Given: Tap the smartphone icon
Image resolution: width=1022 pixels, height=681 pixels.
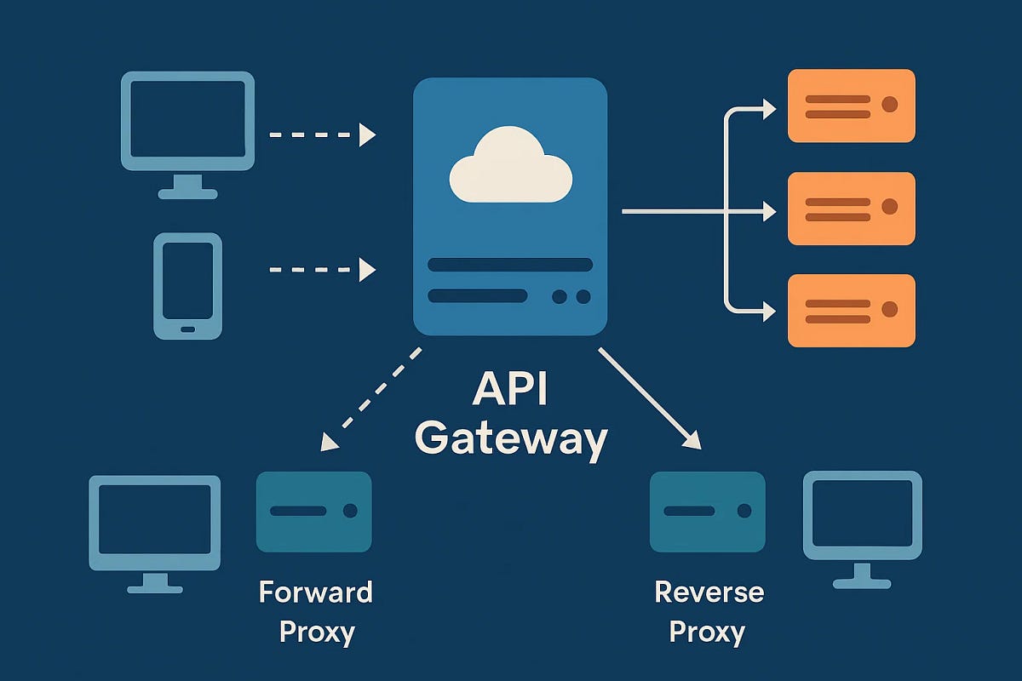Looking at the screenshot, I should pyautogui.click(x=188, y=286).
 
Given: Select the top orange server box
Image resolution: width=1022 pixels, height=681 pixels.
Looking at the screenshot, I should pyautogui.click(x=851, y=106).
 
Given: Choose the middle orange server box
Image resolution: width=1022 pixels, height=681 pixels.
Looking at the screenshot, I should pyautogui.click(x=851, y=208).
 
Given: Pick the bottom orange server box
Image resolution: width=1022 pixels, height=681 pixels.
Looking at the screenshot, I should pyautogui.click(x=851, y=310).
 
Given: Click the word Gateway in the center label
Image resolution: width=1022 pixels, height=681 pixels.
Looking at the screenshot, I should pyautogui.click(x=510, y=438).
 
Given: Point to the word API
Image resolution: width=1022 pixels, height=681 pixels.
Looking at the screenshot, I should pyautogui.click(x=510, y=391).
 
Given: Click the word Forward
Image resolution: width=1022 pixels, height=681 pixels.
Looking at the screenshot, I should pyautogui.click(x=316, y=592).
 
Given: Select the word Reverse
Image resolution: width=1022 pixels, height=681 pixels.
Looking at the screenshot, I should pyautogui.click(x=709, y=592).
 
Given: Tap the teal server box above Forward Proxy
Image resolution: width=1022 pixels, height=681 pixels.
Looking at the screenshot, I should pyautogui.click(x=313, y=512).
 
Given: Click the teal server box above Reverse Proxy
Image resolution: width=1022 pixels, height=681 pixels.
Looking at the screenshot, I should pyautogui.click(x=707, y=512).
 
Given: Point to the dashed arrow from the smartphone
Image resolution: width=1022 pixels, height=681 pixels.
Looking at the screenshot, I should pyautogui.click(x=322, y=270).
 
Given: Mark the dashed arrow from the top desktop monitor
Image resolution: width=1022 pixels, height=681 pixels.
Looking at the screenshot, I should pyautogui.click(x=322, y=134).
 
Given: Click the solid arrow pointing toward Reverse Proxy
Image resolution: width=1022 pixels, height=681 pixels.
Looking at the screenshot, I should pyautogui.click(x=650, y=398).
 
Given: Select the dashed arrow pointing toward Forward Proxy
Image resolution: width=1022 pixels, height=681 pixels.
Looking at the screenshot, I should pyautogui.click(x=371, y=398).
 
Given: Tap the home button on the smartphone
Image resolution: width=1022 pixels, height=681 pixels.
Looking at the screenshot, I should pyautogui.click(x=188, y=329).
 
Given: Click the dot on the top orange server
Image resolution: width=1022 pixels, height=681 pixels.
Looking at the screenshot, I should pyautogui.click(x=890, y=105).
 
